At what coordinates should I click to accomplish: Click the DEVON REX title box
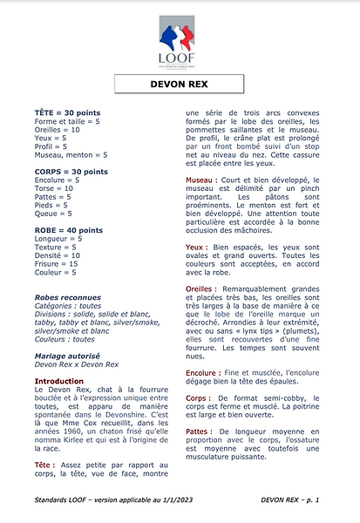180,85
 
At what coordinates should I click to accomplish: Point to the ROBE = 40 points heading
66,230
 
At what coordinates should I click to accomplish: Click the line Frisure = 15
56,263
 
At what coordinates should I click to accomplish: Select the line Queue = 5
52,213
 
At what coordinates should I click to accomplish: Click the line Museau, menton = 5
70,154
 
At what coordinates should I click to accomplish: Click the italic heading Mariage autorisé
77,356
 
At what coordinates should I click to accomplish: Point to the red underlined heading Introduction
63,381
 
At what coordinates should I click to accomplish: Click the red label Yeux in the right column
196,247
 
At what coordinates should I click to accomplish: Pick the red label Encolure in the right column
206,372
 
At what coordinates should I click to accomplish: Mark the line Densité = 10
58,255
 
